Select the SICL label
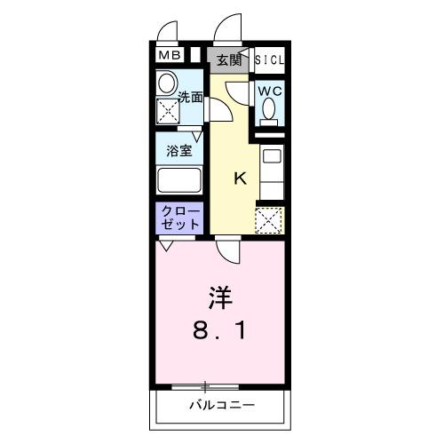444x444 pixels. point(271,60)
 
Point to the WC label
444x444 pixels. point(270,91)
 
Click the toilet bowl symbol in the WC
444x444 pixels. point(269,111)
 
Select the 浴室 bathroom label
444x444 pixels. point(181,150)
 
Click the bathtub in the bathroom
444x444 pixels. point(181,180)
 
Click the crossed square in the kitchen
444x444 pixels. point(268,219)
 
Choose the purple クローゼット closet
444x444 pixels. point(180,219)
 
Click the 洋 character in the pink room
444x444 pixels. point(222,295)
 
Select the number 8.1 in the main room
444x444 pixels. point(222,333)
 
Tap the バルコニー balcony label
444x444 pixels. point(222,407)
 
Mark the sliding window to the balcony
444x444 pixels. point(206,386)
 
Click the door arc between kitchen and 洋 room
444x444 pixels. point(228,252)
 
